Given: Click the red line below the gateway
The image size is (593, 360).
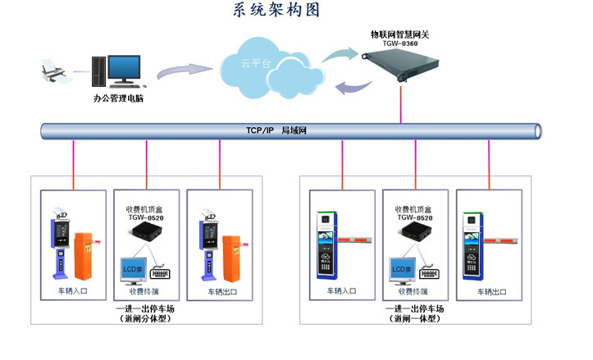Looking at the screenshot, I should click(x=400, y=102).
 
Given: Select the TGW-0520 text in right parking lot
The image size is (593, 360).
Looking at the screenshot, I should click(x=415, y=217).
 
